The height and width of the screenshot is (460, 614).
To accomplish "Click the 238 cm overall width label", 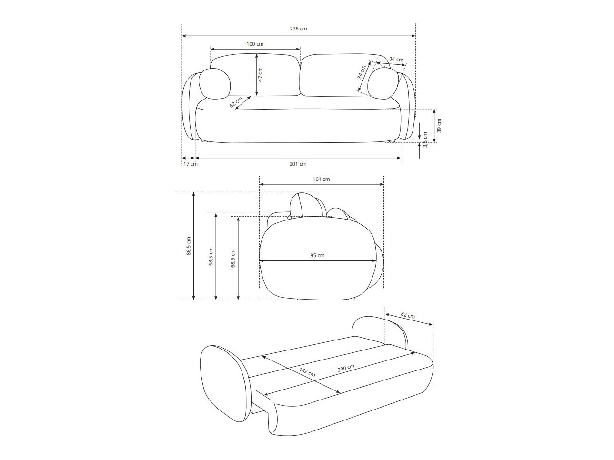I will click(298, 29).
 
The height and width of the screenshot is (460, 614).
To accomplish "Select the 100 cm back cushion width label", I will click(255, 44).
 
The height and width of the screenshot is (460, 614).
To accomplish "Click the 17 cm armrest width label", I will click(190, 164).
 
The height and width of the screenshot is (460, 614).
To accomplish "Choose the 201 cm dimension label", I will click(298, 164).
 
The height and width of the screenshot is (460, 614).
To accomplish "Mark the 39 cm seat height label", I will click(439, 125).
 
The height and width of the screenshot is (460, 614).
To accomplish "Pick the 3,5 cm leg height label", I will click(425, 140).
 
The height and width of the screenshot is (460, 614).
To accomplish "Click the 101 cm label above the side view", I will click(321, 180).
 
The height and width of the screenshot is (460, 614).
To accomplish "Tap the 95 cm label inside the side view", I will click(317, 255).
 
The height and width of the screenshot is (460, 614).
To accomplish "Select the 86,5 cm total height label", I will click(189, 246).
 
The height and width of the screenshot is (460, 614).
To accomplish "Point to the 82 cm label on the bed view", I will click(407, 315).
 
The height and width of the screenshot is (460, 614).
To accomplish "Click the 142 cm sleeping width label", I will click(307, 372).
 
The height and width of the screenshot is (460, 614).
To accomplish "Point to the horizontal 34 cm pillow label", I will click(396, 60).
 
